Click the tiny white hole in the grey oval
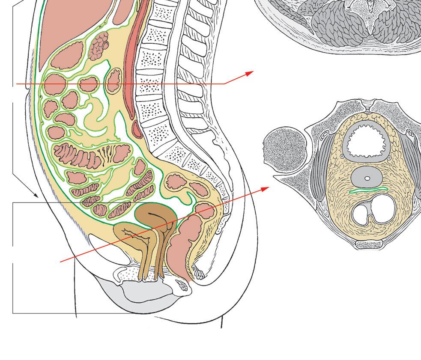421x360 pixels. point(367,178)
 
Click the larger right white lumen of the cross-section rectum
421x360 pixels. point(380,210)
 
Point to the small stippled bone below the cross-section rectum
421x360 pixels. point(369,244)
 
